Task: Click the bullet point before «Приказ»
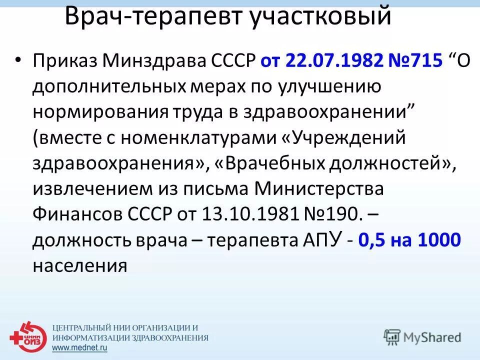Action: tap(18, 59)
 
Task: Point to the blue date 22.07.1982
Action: tap(335, 61)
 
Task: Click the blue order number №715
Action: tap(415, 61)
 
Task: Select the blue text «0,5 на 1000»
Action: tap(409, 240)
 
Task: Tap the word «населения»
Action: tap(80, 266)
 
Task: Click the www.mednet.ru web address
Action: tap(81, 346)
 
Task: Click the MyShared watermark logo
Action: tap(422, 337)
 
